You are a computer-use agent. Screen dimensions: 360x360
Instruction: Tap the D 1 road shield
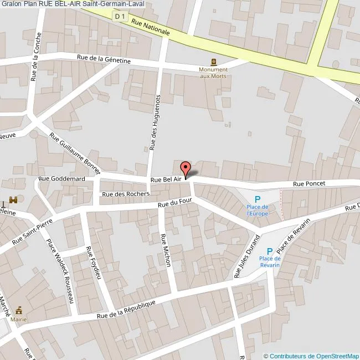119,17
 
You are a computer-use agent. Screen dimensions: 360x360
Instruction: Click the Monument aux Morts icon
213,61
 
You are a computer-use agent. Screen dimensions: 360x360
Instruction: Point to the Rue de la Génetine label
104,59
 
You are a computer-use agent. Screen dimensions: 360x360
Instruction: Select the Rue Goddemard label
61,179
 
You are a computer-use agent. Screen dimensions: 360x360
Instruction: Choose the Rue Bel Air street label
166,179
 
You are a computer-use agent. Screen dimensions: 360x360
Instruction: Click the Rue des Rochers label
126,194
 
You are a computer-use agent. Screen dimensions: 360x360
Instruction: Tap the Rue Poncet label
309,184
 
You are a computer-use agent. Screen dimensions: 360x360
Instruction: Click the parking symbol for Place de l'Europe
257,200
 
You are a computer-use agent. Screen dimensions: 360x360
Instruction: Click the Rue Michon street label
165,250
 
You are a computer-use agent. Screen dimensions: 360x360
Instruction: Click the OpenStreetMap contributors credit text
311,356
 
